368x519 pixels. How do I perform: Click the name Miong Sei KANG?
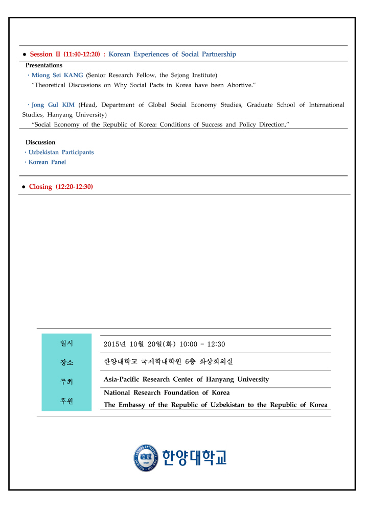[57, 75]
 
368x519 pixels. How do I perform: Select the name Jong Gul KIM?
[53, 105]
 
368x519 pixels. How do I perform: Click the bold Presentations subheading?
[44, 65]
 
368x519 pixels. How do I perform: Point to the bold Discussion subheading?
[40, 142]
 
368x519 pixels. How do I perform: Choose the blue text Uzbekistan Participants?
[61, 152]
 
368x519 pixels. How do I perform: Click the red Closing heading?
[40, 187]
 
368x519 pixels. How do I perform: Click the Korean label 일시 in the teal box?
[66, 343]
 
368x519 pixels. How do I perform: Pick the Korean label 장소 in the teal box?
[66, 362]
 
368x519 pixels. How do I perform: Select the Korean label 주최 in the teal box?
[66, 381]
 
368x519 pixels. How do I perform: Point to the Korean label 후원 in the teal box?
[66, 401]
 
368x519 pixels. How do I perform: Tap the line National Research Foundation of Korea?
[167, 393]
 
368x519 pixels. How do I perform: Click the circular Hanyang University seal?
[147, 458]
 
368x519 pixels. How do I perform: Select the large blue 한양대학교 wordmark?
[194, 458]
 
